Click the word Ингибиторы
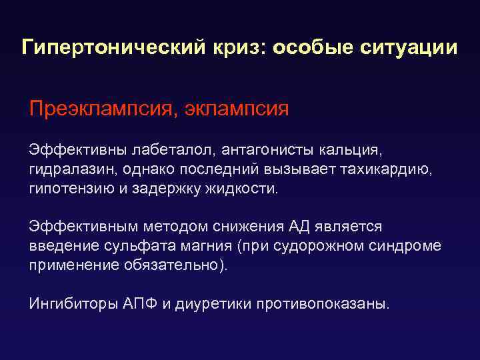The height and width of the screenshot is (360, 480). pos(73,304)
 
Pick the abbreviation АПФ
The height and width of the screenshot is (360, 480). pos(141,304)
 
